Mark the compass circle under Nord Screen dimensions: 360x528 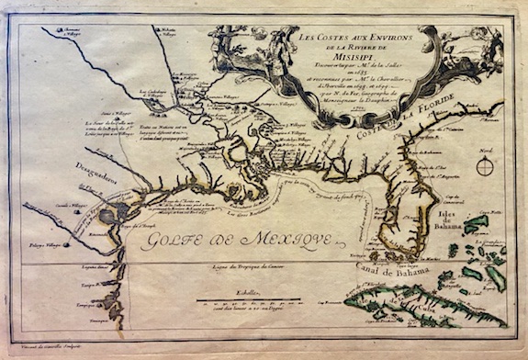[484, 164]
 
